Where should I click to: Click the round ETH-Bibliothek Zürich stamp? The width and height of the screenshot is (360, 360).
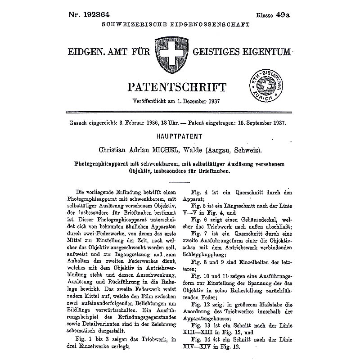265,86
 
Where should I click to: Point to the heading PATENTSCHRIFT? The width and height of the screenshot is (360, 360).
177,85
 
